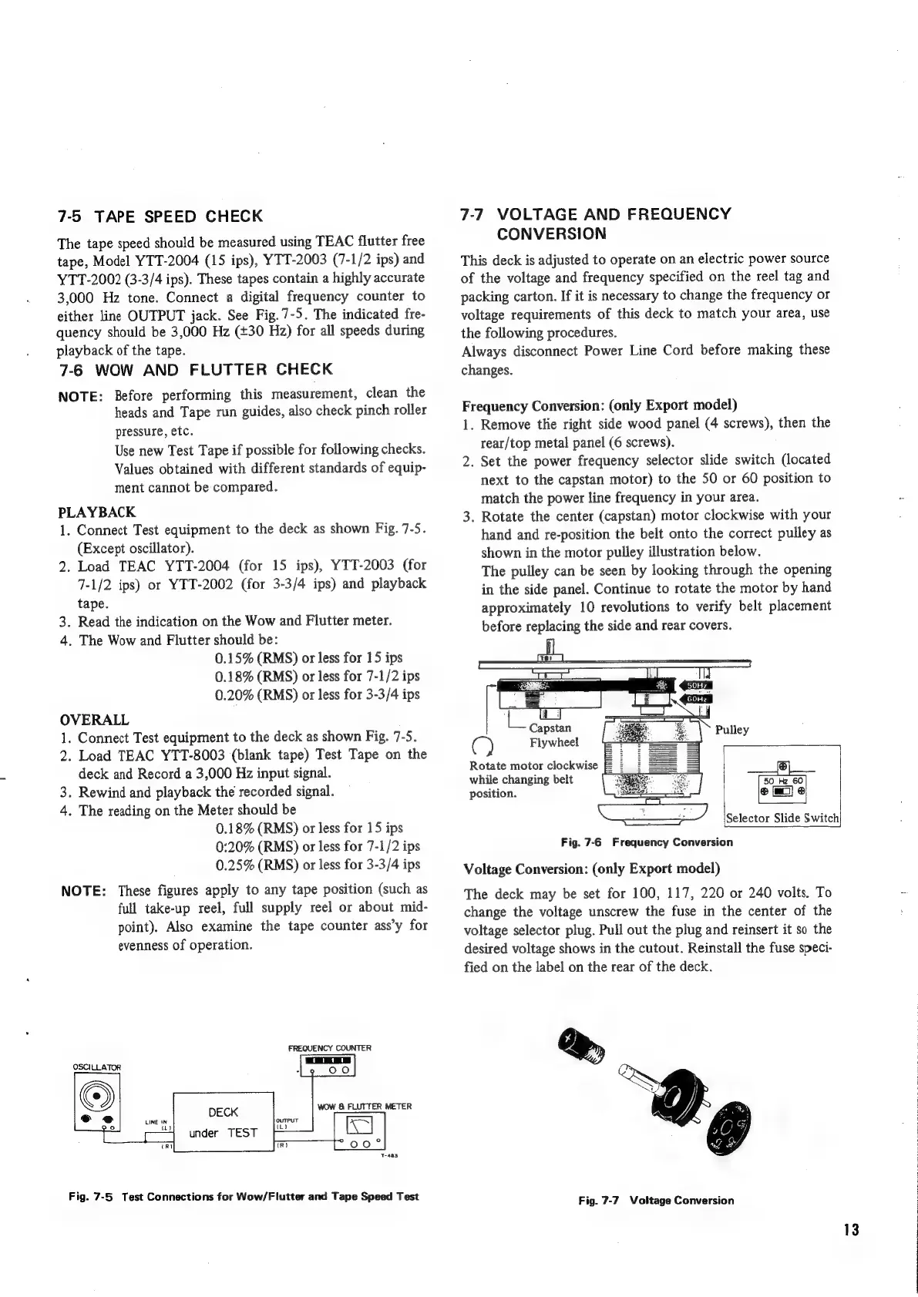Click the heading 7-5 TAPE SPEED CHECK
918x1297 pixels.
click(160, 216)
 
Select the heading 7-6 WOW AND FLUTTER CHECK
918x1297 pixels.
click(196, 369)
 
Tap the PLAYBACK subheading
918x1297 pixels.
click(97, 512)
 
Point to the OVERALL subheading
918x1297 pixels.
click(94, 720)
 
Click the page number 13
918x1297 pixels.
click(850, 1228)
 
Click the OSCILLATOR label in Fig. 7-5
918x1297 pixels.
click(97, 1067)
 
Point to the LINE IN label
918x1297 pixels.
click(159, 1125)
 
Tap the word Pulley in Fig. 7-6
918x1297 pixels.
click(732, 729)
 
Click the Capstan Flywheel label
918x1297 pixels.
click(553, 734)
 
